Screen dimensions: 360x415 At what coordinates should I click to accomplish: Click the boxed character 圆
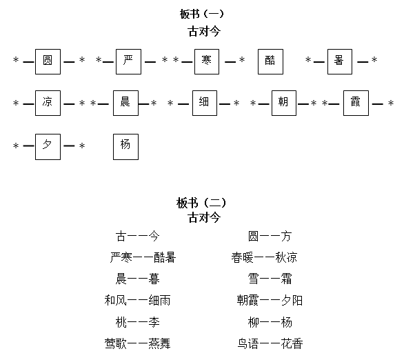pyautogui.click(x=48, y=61)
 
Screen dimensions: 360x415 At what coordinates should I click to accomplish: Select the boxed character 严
pyautogui.click(x=128, y=61)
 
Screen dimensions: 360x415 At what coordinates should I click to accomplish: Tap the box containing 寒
pyautogui.click(x=206, y=61)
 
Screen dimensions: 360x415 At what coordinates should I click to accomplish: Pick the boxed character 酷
pyautogui.click(x=270, y=61)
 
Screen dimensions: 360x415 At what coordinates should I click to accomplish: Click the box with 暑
pyautogui.click(x=339, y=61)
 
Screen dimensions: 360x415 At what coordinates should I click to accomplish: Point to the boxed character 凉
pyautogui.click(x=48, y=103)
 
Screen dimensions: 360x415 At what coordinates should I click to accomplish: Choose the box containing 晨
pyautogui.click(x=125, y=103)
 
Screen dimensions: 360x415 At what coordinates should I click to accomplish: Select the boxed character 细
pyautogui.click(x=204, y=103)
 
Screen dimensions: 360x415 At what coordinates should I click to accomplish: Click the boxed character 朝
pyautogui.click(x=283, y=103)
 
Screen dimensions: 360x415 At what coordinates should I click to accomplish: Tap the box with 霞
pyautogui.click(x=356, y=103)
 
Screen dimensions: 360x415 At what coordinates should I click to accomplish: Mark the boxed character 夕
pyautogui.click(x=48, y=146)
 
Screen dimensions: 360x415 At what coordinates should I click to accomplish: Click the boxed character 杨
pyautogui.click(x=125, y=146)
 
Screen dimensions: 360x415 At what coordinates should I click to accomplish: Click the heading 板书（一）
pyautogui.click(x=202, y=14)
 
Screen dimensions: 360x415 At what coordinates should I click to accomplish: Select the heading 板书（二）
pyautogui.click(x=202, y=203)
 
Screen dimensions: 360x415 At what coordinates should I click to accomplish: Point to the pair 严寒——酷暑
pyautogui.click(x=143, y=258)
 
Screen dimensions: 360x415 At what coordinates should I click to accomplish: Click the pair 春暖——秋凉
pyautogui.click(x=265, y=258)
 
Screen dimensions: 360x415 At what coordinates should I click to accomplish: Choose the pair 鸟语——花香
pyautogui.click(x=270, y=343)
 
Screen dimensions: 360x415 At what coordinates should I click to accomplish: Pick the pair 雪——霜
pyautogui.click(x=270, y=279)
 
